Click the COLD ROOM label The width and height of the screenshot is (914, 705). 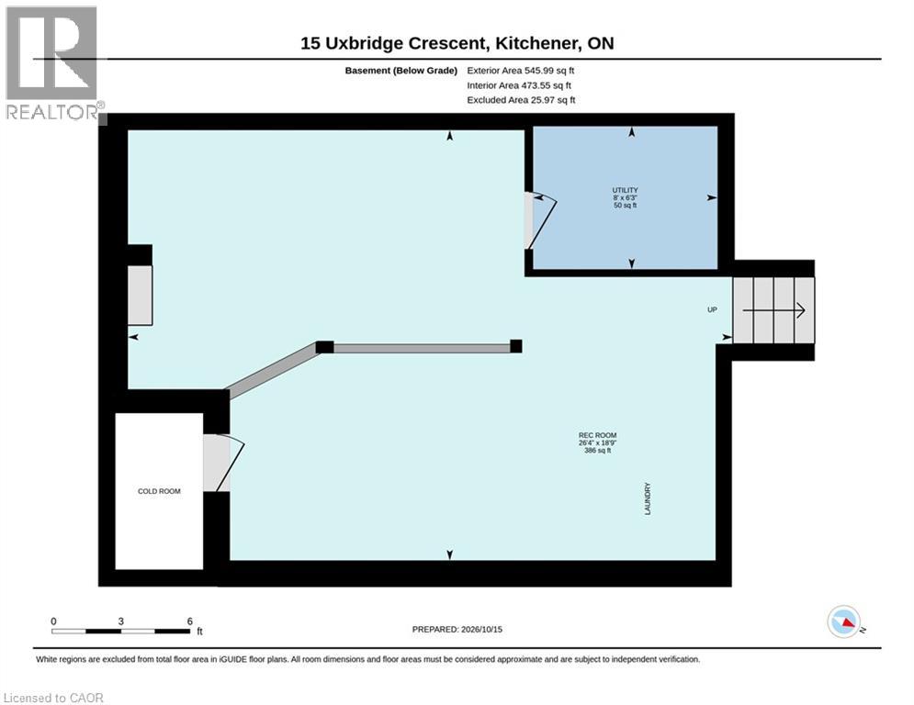(159, 491)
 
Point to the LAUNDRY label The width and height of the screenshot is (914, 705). (648, 498)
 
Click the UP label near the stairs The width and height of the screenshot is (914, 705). (712, 309)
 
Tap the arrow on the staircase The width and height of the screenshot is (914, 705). (774, 310)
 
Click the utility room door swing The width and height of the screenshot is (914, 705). (542, 221)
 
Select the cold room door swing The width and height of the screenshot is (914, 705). (224, 463)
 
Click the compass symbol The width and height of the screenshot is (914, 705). (844, 621)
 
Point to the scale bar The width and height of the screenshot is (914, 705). (120, 631)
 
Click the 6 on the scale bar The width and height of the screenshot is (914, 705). (189, 621)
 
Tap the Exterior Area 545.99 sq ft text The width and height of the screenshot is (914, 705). (521, 71)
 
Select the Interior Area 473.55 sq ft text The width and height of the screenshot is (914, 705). (519, 85)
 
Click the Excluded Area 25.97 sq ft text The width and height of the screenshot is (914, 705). (521, 100)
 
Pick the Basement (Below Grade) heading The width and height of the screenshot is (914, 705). (401, 71)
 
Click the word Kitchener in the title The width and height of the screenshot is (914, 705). (536, 43)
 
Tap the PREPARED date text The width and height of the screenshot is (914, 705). (457, 629)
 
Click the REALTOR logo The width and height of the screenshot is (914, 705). (53, 63)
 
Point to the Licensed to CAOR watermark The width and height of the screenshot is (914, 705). (53, 698)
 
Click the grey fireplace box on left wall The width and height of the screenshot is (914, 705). (140, 296)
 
